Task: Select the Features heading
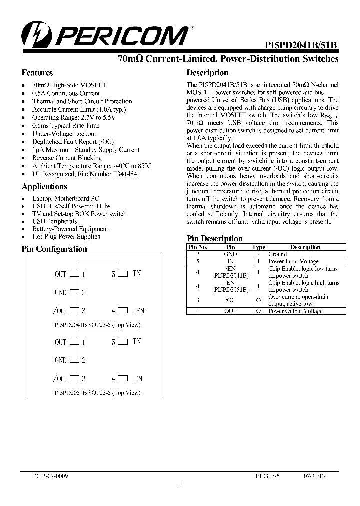(x=37, y=73)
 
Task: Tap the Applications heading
(x=44, y=187)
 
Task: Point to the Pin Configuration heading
(x=54, y=249)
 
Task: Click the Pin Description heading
(x=214, y=239)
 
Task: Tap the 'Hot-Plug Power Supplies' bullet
(x=66, y=237)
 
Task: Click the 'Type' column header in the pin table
(x=259, y=247)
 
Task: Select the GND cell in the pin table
(x=230, y=254)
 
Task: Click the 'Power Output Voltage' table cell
(x=296, y=311)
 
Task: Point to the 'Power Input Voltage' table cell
(x=294, y=261)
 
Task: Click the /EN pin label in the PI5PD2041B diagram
(x=138, y=311)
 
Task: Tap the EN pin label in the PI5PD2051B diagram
(x=138, y=379)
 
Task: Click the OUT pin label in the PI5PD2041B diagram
(x=60, y=274)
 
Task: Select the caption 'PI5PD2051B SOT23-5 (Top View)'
(x=97, y=393)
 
